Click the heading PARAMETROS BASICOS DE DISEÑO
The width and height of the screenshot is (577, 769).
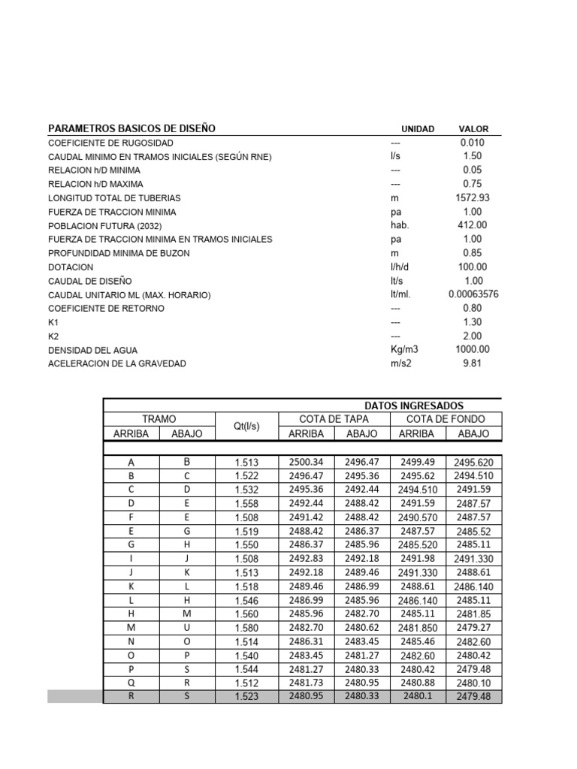click(131, 128)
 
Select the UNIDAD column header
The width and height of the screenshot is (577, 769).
click(418, 129)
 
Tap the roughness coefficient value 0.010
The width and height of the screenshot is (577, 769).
click(472, 143)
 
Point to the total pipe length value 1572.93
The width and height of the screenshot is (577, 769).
click(472, 198)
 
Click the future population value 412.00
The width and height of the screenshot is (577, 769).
click(472, 225)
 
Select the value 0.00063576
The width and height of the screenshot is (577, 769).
click(473, 294)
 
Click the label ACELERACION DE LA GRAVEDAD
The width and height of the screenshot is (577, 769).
click(116, 363)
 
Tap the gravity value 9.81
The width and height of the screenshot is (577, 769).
click(472, 363)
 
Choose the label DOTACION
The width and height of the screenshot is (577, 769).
click(71, 267)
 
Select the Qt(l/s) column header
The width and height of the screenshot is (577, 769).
click(246, 427)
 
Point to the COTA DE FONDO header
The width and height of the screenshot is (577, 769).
click(446, 419)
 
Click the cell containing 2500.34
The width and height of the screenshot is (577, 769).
click(306, 462)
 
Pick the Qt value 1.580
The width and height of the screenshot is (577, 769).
click(246, 628)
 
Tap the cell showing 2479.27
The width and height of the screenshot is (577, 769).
click(473, 628)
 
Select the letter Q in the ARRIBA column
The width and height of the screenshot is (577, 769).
click(131, 683)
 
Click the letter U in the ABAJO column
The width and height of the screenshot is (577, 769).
click(187, 628)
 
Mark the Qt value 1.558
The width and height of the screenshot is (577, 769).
click(246, 503)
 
